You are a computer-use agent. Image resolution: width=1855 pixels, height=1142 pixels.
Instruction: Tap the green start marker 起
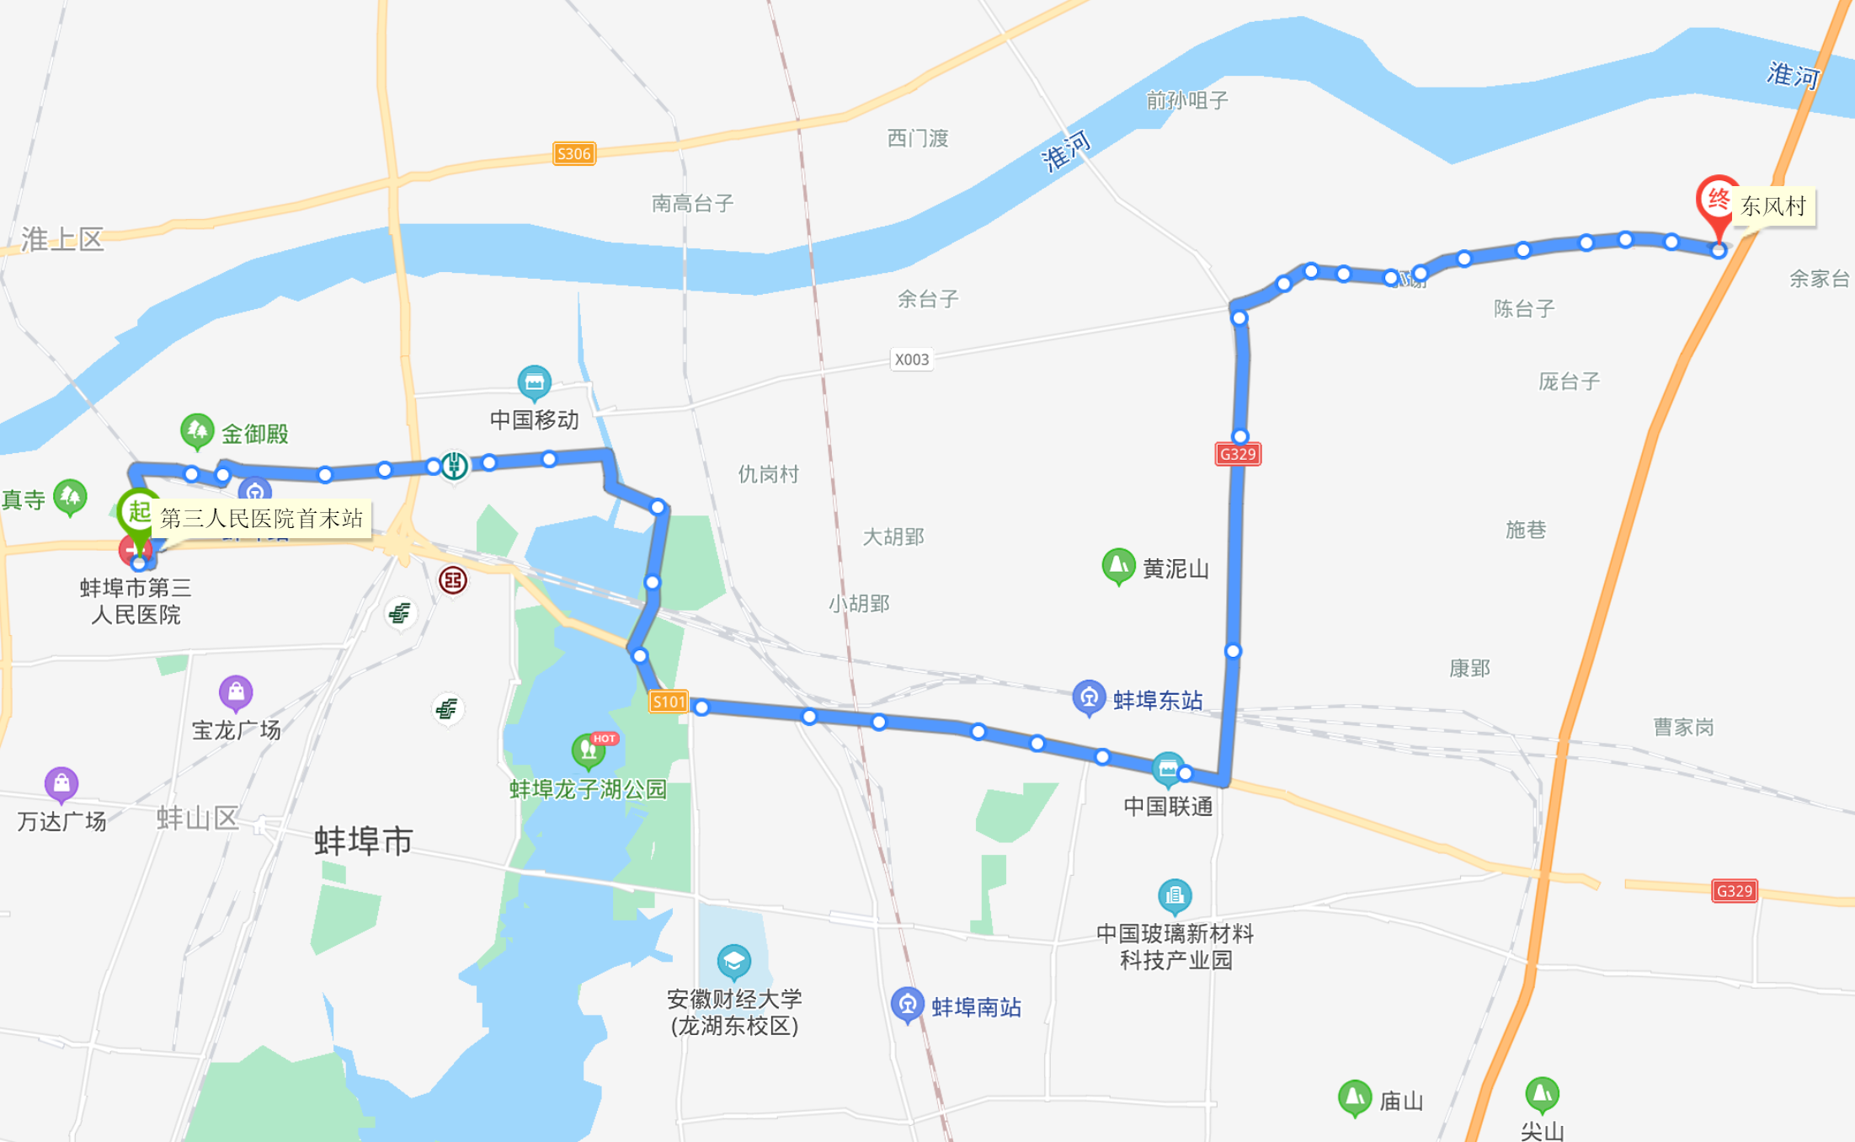138,510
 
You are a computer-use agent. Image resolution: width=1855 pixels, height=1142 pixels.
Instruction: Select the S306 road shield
573,153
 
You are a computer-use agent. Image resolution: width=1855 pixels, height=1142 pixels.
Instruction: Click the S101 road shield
669,702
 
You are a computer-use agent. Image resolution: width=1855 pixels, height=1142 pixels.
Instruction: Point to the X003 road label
911,360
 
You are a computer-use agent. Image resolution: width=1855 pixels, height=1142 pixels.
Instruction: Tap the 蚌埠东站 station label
1158,700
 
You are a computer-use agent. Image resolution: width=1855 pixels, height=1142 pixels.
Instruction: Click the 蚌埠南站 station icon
907,1004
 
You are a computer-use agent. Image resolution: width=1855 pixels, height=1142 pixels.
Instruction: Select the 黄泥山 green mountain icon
1118,566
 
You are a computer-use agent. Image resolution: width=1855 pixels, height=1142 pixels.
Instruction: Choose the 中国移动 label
534,419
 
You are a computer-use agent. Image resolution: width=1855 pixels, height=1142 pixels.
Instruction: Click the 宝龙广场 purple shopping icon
236,692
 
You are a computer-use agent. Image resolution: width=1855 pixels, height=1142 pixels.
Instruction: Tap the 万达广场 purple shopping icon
61,784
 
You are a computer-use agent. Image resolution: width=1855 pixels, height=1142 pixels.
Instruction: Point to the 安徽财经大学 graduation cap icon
733,961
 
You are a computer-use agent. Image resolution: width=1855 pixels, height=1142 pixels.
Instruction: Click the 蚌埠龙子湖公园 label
588,789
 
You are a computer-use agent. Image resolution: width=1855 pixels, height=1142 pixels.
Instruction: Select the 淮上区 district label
62,239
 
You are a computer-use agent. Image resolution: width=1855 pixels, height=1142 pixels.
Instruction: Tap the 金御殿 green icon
197,431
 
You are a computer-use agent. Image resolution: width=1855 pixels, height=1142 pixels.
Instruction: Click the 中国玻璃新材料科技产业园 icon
1175,896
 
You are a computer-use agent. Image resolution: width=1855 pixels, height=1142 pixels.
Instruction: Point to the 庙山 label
1401,1101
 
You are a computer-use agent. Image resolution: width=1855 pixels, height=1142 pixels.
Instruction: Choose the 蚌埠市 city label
363,840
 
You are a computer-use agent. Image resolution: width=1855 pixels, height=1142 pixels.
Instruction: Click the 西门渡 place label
918,138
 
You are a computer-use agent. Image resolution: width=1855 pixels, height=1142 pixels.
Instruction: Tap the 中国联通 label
1168,806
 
